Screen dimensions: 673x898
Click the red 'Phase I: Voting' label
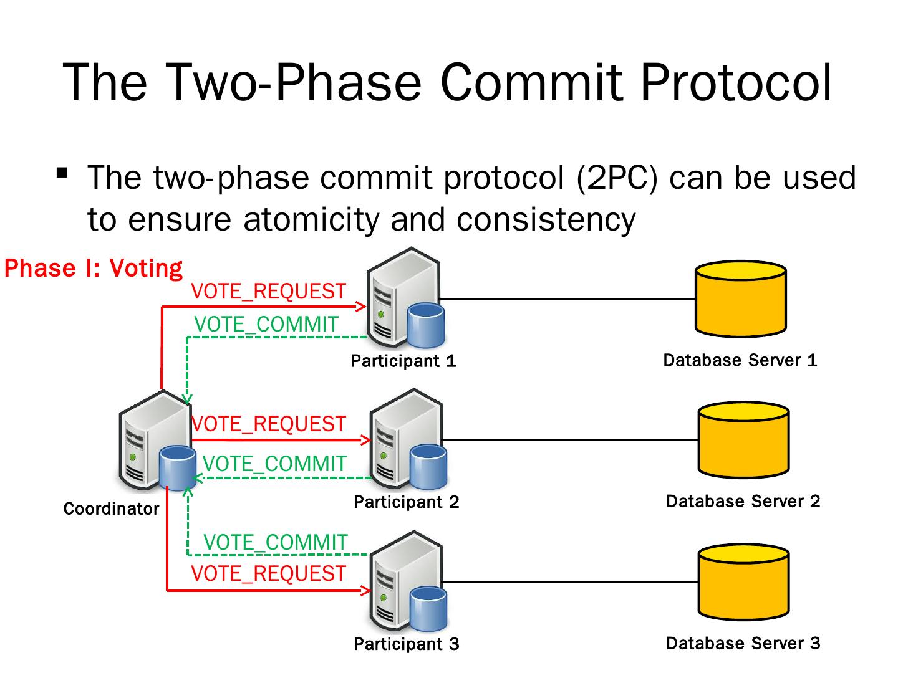[x=94, y=268]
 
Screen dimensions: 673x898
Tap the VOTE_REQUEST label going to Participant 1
[x=268, y=291]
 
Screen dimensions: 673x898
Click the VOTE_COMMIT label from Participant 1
[x=266, y=324]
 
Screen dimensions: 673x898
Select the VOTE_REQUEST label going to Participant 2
[x=268, y=424]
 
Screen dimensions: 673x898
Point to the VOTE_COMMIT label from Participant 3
[x=275, y=542]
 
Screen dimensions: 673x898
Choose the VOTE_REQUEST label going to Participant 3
[x=268, y=573]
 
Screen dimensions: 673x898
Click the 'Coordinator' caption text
[x=111, y=509]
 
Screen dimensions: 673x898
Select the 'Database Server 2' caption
[x=743, y=502]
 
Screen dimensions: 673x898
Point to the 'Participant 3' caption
[x=406, y=644]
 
